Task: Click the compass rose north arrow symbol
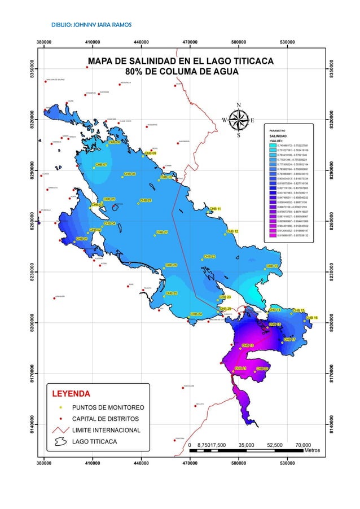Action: pos(239,119)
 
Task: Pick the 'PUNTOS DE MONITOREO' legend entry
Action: pos(108,407)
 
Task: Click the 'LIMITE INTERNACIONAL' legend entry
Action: pos(107,431)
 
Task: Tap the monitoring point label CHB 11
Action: pos(215,209)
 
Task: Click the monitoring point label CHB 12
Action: pos(232,231)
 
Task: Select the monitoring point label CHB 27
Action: pos(162,232)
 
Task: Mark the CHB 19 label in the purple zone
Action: pos(248,345)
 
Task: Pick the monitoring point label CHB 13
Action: pos(271,266)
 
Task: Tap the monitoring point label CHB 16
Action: pos(311,318)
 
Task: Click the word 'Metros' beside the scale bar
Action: pos(312,450)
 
